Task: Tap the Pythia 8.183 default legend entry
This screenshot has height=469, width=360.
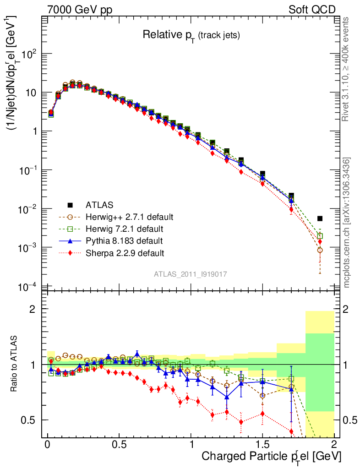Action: (124, 240)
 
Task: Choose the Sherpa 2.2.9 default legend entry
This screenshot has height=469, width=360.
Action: (125, 253)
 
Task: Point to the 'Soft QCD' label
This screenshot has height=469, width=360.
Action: (312, 10)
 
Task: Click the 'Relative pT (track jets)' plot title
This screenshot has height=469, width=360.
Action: (191, 34)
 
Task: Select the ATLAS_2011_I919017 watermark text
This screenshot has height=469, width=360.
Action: (191, 274)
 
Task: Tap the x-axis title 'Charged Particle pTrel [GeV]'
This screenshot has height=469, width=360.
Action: (271, 457)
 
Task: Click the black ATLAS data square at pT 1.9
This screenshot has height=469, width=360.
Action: (320, 218)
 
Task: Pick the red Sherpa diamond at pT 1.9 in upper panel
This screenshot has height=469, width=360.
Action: (320, 241)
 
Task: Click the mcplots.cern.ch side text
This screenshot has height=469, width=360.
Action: (347, 223)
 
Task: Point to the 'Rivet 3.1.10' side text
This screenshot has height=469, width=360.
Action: (347, 69)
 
